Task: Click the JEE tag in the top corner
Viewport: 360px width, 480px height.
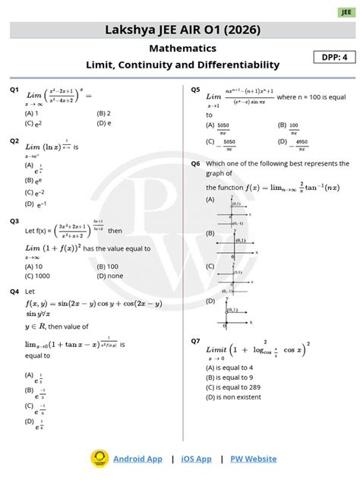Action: (346, 12)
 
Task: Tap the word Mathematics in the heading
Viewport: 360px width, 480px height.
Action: (182, 48)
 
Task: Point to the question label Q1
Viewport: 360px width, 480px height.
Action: (14, 90)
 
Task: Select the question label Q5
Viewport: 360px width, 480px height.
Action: (195, 90)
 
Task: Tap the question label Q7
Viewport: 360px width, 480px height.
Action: (195, 341)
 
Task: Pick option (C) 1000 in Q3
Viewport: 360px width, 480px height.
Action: (38, 276)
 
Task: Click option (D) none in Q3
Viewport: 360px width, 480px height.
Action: (111, 276)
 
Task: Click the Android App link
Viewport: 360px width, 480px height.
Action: (137, 459)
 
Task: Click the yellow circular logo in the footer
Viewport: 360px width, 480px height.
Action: (99, 458)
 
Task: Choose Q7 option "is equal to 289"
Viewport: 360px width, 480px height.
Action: (236, 386)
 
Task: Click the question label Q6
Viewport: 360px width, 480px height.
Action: (195, 163)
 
